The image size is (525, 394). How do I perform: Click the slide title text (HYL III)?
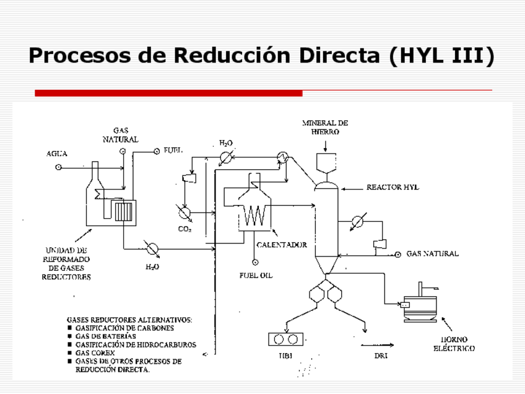tap(262, 55)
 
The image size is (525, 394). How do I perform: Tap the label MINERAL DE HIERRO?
tap(324, 127)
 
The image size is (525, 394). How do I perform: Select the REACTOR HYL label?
tap(393, 187)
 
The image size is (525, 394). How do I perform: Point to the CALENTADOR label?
tap(282, 245)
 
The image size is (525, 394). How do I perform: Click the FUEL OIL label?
tap(256, 275)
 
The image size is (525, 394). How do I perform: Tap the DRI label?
tap(381, 356)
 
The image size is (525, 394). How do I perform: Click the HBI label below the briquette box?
tap(286, 356)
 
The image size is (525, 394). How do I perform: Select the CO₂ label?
tap(184, 229)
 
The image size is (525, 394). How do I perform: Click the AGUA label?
tap(57, 153)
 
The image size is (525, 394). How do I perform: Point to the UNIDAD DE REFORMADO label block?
tap(66, 263)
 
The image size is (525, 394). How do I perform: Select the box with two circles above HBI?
tap(287, 339)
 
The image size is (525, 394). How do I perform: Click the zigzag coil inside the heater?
tap(254, 217)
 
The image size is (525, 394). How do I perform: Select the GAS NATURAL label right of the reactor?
tap(432, 254)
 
